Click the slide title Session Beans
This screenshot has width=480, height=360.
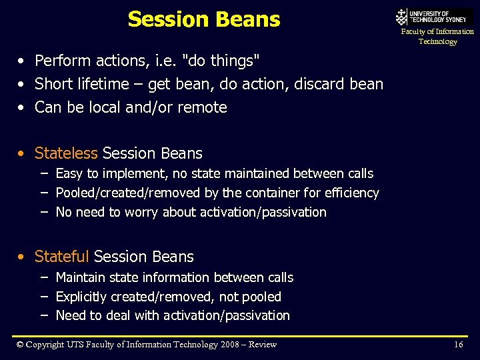point(203,19)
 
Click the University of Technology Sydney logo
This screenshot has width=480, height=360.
point(434,17)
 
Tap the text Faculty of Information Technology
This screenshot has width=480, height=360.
point(437,37)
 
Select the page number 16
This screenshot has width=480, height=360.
point(458,345)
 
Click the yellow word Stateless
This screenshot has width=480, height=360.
point(66,153)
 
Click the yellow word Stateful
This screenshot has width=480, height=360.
point(61,257)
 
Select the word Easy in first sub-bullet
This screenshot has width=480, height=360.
point(69,174)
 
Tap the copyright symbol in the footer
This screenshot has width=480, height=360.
point(20,345)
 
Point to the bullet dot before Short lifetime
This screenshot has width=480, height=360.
point(23,85)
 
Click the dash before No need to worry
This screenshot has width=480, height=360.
point(43,212)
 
